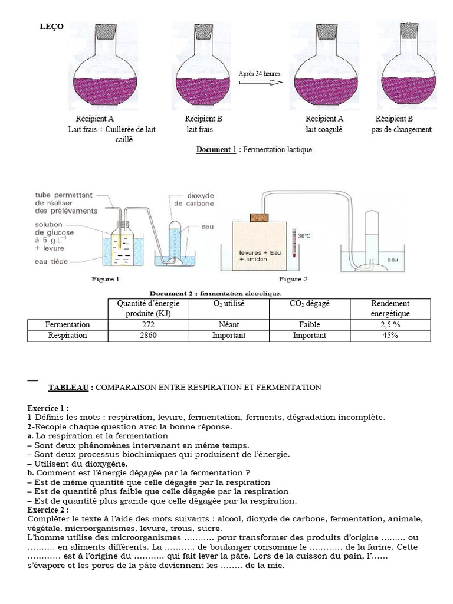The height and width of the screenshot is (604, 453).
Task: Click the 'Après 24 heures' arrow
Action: coord(259,83)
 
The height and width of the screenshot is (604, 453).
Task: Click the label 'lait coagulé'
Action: coord(323,129)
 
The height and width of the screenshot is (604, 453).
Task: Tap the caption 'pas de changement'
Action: coord(401,129)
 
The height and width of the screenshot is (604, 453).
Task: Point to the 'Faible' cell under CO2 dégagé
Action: coord(309,324)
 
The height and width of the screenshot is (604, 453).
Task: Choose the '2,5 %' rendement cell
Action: coord(390,324)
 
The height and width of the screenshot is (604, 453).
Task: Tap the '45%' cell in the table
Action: coord(390,335)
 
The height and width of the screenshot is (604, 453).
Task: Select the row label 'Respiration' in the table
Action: coord(67,335)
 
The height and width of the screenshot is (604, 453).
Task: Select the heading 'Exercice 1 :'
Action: coord(48,408)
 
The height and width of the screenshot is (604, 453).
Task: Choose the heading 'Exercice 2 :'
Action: coord(48,509)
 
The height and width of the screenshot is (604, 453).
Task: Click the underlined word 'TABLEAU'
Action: coord(70,388)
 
